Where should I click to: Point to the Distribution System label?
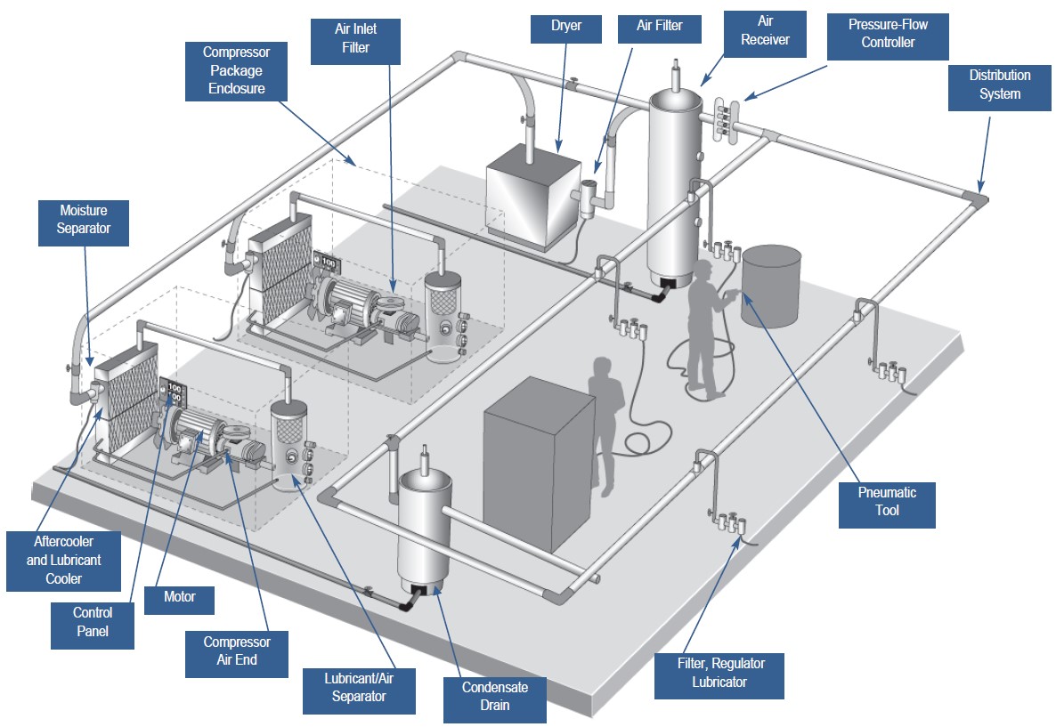[999, 85]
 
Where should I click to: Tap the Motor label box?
[178, 598]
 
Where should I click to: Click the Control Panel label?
[93, 621]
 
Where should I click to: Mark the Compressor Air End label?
[236, 650]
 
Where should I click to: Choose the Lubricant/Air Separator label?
[359, 687]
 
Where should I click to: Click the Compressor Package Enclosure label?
[236, 71]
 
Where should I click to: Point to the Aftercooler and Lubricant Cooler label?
[63, 560]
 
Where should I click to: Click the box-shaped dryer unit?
[532, 198]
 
